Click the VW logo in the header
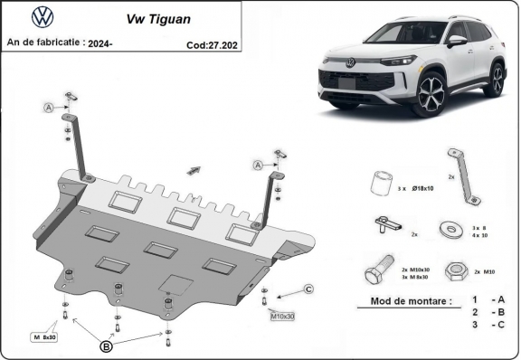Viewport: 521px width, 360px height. (x=43, y=16)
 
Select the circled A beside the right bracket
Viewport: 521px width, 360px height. (x=258, y=165)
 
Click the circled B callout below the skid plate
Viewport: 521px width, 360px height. (x=106, y=345)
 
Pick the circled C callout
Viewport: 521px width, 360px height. (x=308, y=289)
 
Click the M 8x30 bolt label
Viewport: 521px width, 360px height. (x=44, y=336)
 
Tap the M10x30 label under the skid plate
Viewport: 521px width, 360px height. (x=282, y=316)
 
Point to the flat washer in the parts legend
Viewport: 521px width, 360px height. (x=447, y=229)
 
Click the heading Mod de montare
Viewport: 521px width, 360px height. (x=411, y=302)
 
